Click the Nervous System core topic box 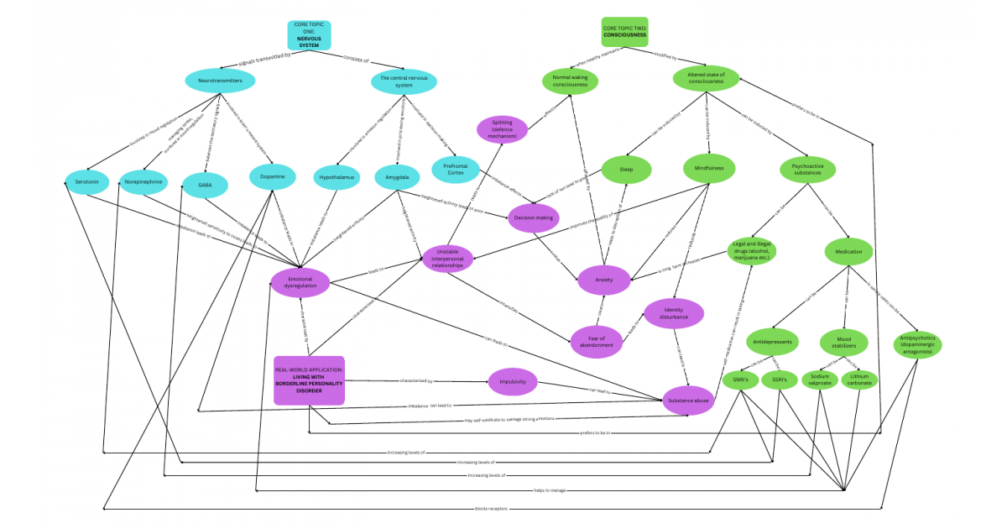(x=310, y=34)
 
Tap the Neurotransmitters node (x=220, y=81)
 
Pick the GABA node (x=205, y=184)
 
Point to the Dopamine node (x=274, y=177)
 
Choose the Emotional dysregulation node (x=300, y=282)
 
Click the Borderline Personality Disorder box (x=309, y=380)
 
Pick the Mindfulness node (x=708, y=168)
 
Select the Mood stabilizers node (x=844, y=342)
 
